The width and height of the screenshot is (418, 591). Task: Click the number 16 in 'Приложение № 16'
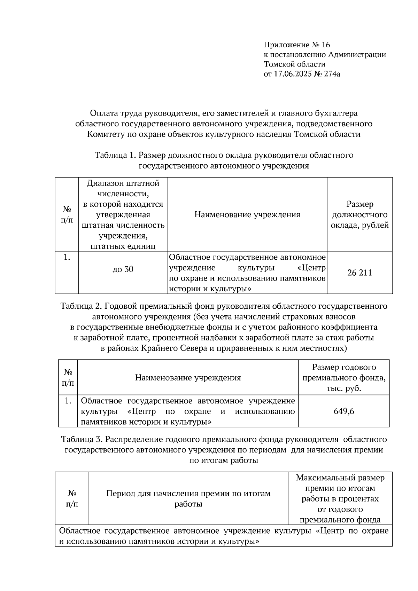tap(325, 45)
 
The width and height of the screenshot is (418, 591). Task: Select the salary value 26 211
tap(359, 273)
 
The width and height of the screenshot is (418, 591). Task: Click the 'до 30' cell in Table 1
tap(123, 269)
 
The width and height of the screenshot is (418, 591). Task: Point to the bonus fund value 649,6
tap(343, 411)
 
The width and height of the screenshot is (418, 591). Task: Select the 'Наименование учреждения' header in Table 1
tap(247, 215)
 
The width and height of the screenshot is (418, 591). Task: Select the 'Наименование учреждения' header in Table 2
tap(188, 378)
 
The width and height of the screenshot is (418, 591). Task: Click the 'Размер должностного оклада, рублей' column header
tap(359, 215)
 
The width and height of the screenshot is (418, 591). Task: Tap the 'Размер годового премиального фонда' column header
tap(343, 378)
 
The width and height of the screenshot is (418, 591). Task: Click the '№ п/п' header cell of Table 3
tap(72, 499)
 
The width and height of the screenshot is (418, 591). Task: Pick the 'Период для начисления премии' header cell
tap(188, 499)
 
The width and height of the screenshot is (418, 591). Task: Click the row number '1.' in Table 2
tap(68, 401)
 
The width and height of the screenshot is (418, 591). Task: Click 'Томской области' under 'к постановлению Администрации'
tap(294, 64)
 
